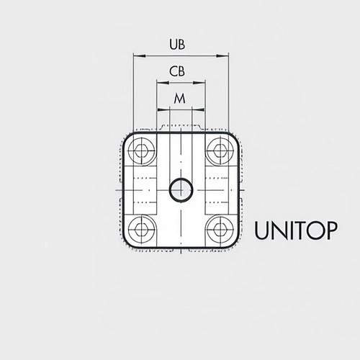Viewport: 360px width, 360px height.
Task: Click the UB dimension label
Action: tap(177, 45)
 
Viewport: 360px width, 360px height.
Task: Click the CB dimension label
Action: tap(177, 71)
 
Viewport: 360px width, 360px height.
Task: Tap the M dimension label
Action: tap(180, 99)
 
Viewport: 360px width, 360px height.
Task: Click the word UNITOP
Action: tap(296, 230)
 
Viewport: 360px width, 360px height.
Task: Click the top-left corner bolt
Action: tap(141, 151)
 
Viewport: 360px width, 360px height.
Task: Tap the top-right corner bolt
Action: tap(220, 151)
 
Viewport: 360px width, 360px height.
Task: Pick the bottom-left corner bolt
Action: tap(141, 229)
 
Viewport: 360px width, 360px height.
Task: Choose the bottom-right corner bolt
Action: tap(220, 229)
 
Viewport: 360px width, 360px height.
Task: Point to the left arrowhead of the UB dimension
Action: tap(140, 56)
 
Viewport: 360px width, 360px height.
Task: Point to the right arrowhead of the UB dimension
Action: tap(222, 56)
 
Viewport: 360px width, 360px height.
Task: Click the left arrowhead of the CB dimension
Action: tap(163, 83)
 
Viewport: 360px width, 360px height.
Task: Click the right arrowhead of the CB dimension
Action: tap(199, 83)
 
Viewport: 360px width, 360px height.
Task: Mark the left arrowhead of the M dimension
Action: tap(163, 110)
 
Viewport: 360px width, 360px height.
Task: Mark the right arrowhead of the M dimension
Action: tap(198, 110)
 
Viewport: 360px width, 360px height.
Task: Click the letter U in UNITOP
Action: tap(262, 231)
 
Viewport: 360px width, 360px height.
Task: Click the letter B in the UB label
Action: tap(181, 45)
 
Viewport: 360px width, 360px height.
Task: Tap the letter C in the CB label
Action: tap(173, 71)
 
